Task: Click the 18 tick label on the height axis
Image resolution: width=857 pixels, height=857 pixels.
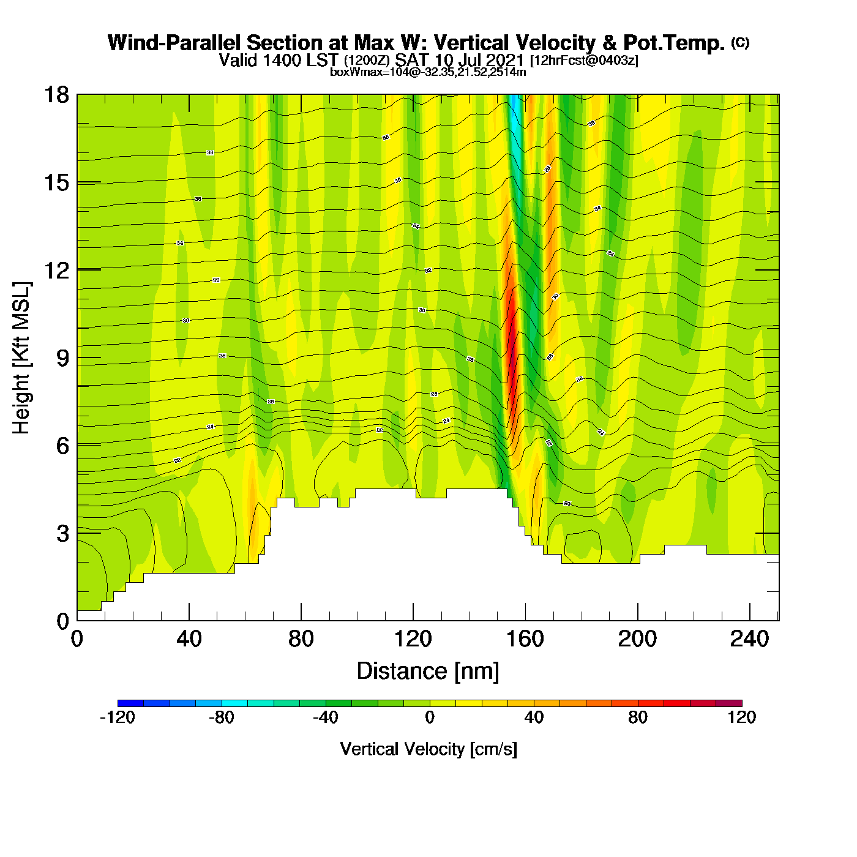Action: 56,95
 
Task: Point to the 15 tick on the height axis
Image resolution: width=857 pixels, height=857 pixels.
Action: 56,182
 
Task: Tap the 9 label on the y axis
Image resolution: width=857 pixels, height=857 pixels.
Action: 62,357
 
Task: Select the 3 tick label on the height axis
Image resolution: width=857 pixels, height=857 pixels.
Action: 62,533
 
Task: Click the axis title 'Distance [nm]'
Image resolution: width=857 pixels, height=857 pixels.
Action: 428,672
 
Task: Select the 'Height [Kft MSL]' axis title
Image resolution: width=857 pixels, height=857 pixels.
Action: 21,358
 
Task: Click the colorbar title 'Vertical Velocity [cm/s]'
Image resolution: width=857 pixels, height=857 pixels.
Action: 428,749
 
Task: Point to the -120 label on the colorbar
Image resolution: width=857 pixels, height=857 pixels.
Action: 117,717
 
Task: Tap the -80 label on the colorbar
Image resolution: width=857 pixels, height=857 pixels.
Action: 221,717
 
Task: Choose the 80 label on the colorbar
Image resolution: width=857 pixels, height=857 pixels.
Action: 638,717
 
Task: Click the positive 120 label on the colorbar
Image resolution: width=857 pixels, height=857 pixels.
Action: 742,717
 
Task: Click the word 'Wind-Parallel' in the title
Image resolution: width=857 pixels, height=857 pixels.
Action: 175,43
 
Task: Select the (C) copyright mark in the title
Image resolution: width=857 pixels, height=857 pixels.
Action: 740,42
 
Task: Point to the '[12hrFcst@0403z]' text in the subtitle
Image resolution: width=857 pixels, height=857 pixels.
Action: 584,61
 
